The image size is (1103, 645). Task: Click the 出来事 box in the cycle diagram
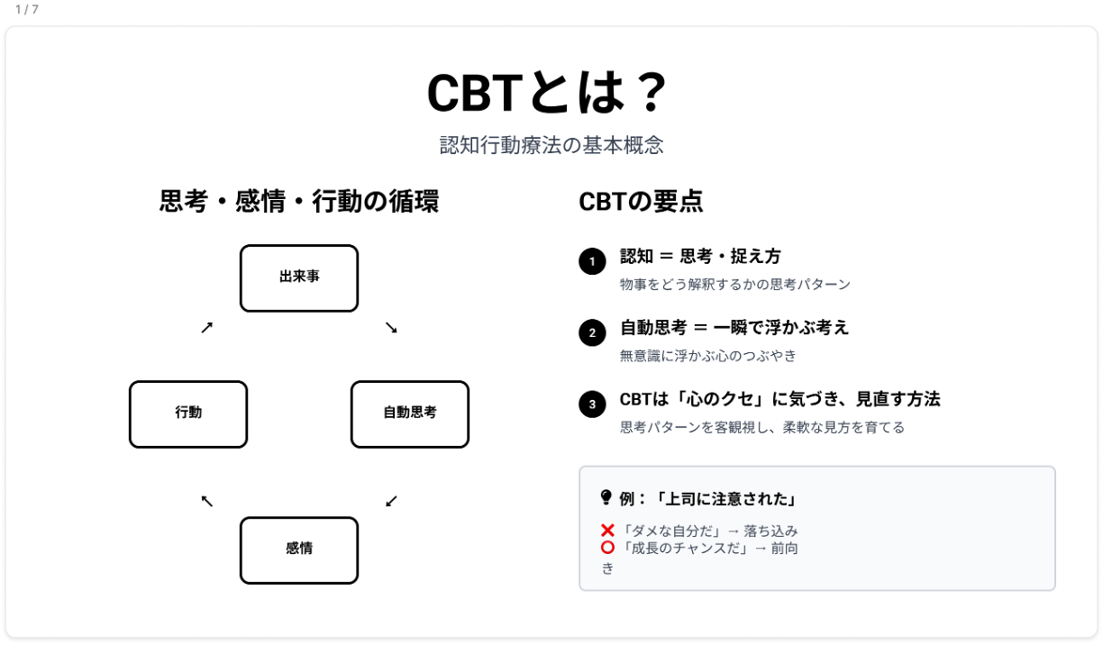coord(299,278)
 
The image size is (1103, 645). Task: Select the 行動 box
coord(188,414)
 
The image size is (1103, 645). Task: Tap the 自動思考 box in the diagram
coord(410,414)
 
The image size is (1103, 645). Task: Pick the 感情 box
coord(299,550)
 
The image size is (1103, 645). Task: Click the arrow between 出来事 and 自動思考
coord(391,327)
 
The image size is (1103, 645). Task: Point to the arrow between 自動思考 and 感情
coord(391,501)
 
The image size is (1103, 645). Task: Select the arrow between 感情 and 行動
coord(207,501)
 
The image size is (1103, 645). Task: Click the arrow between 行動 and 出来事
coord(207,327)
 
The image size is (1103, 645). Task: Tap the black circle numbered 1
coord(592,261)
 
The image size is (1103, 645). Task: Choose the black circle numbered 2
coord(592,332)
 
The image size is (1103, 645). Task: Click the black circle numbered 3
coord(592,404)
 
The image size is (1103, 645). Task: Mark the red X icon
coord(607,531)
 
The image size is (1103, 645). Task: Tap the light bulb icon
coord(606,498)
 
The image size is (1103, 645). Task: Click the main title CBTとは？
coord(547,93)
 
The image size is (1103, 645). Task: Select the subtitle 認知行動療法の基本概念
coord(551,145)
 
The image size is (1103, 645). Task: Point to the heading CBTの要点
coord(641,202)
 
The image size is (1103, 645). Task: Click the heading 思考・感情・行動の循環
coord(299,202)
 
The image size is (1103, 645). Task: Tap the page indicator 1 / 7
coord(27,9)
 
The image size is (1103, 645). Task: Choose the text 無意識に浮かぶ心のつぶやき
coord(707,356)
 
